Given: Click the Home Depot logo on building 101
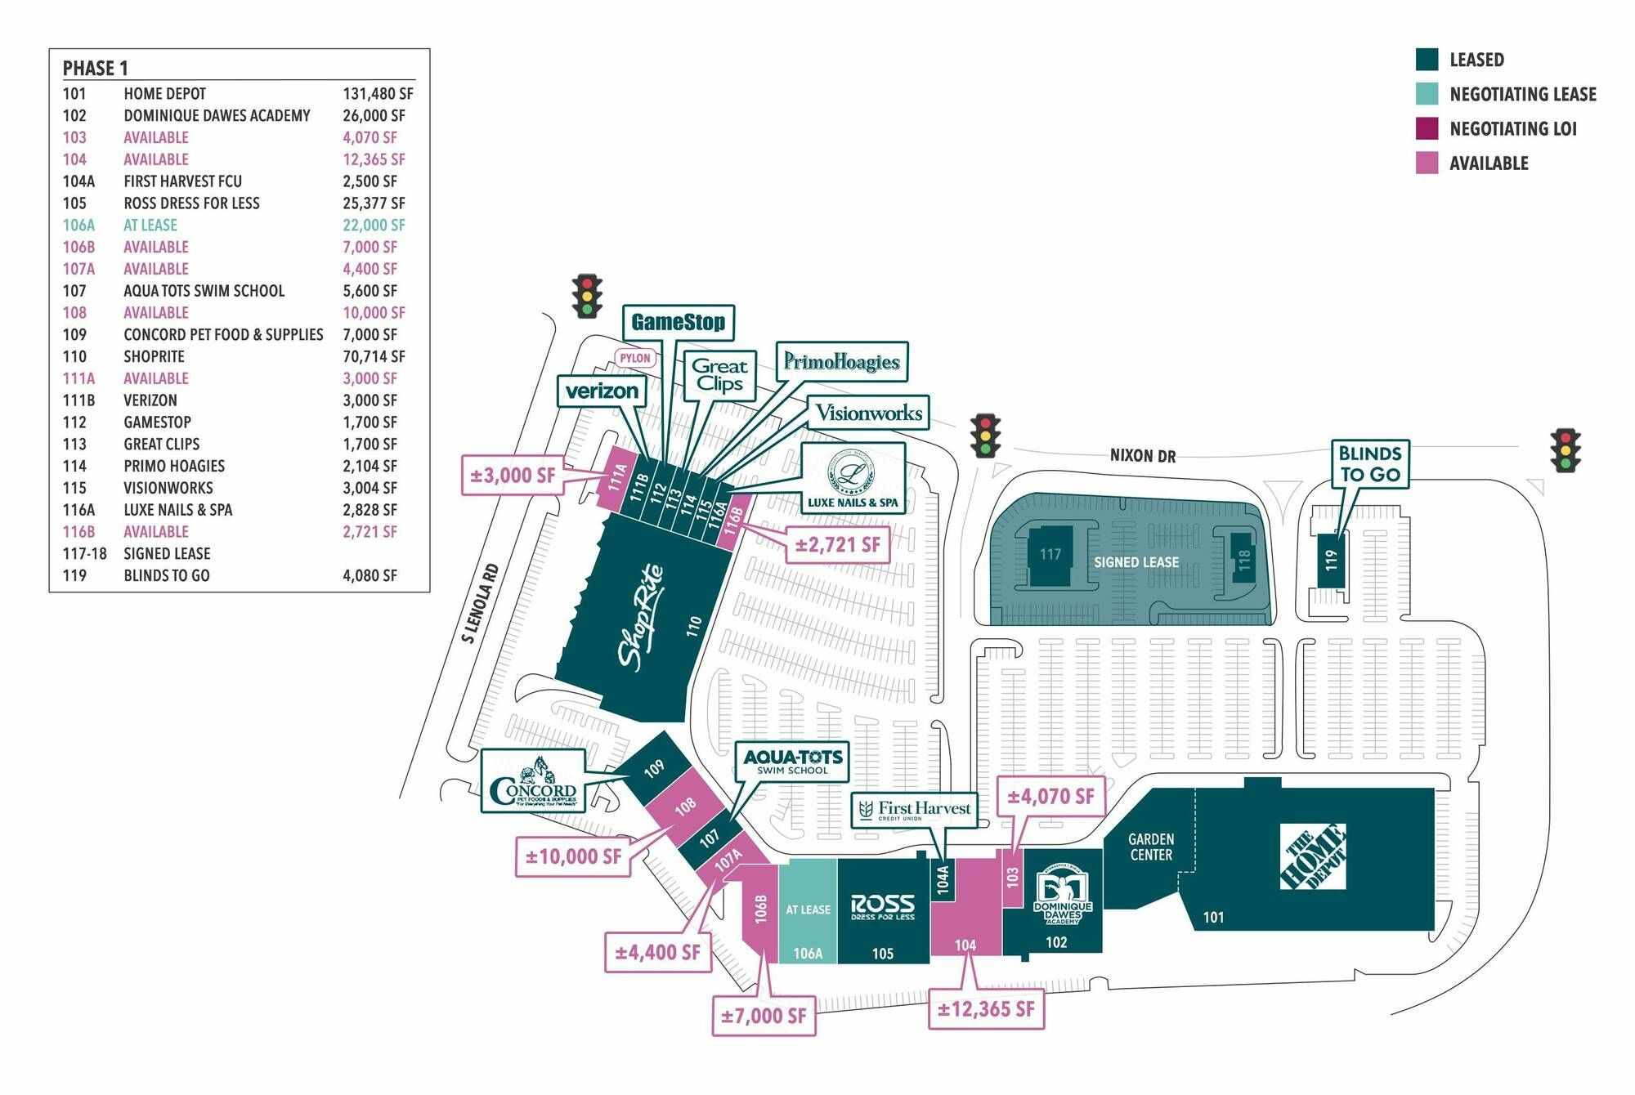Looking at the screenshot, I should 1313,856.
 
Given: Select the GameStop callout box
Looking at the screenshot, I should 679,323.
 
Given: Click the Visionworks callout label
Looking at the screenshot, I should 869,413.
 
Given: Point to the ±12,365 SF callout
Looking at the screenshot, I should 986,1010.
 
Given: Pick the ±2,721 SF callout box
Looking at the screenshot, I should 838,545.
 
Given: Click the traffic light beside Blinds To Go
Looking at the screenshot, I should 1566,450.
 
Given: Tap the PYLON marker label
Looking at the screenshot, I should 635,358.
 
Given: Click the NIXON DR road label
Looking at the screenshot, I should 1143,456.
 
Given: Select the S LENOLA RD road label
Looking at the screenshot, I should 480,603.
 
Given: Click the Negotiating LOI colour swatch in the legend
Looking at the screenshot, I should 1427,128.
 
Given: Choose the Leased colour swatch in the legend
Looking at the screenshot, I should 1427,60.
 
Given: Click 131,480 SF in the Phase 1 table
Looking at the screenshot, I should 378,94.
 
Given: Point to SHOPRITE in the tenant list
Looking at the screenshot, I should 154,357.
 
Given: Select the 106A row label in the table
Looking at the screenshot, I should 78,226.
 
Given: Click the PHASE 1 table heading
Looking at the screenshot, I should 96,68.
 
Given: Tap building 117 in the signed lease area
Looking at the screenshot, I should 1050,556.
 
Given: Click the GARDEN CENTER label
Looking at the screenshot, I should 1151,847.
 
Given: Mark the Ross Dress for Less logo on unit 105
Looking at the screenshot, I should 883,907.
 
